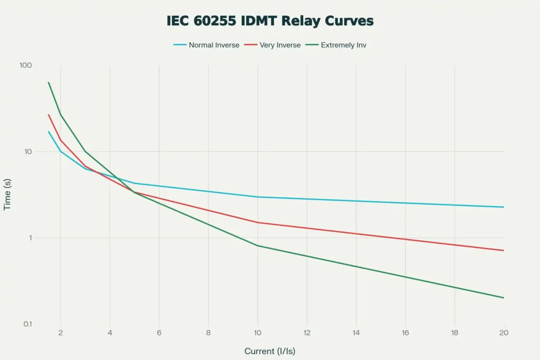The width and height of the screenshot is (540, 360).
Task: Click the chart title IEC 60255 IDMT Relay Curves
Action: click(x=270, y=21)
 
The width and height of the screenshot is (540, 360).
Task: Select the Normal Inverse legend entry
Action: click(x=214, y=45)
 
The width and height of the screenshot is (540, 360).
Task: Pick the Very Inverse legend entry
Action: click(x=280, y=45)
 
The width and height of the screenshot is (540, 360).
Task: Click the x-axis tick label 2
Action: click(x=61, y=333)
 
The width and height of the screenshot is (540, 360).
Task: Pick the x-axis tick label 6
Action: click(x=159, y=333)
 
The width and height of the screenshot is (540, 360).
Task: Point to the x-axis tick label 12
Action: click(x=306, y=333)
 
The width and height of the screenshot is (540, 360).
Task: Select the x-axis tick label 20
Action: click(x=503, y=333)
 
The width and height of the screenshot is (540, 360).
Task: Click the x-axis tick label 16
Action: click(x=405, y=333)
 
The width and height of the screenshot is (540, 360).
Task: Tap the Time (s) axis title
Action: click(x=7, y=194)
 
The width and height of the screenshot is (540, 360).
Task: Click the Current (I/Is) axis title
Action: click(x=273, y=351)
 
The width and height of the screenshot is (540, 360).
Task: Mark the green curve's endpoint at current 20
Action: click(x=504, y=298)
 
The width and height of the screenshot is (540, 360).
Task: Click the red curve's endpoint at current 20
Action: click(x=504, y=250)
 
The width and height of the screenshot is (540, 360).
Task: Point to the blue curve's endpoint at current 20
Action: click(x=504, y=207)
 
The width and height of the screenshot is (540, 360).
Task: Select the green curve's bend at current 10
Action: click(x=258, y=246)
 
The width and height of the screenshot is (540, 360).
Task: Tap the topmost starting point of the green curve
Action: click(x=49, y=82)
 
